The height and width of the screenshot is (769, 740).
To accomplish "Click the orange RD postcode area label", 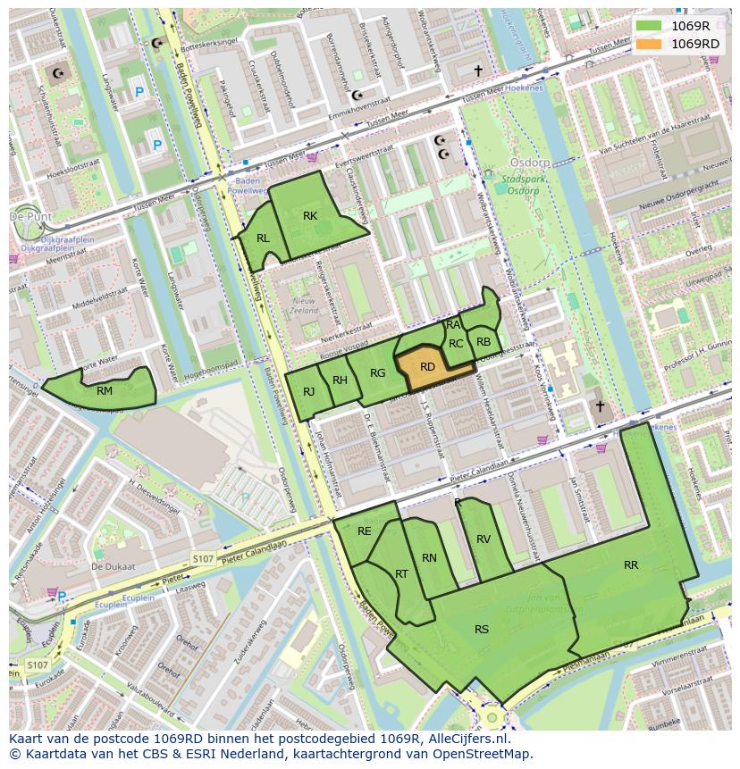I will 427,367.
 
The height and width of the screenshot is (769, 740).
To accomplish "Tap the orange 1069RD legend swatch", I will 649,44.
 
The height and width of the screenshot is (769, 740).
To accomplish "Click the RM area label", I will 105,390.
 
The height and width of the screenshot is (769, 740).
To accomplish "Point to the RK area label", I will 310,215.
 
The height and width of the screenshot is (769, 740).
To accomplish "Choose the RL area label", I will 263,238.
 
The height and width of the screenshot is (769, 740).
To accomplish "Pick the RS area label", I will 482,630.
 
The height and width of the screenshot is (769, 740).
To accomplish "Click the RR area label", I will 631,564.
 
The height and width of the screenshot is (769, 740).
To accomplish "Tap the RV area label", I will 484,539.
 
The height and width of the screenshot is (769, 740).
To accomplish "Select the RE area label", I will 364,531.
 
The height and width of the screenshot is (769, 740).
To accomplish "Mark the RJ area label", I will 308,391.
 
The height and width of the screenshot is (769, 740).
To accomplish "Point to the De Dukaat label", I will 113,566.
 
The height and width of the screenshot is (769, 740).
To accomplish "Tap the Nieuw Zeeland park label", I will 304,306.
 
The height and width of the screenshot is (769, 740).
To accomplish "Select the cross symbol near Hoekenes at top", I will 478,70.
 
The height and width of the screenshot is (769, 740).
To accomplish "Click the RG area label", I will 377,372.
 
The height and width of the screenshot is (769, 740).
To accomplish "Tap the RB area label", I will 484,341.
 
